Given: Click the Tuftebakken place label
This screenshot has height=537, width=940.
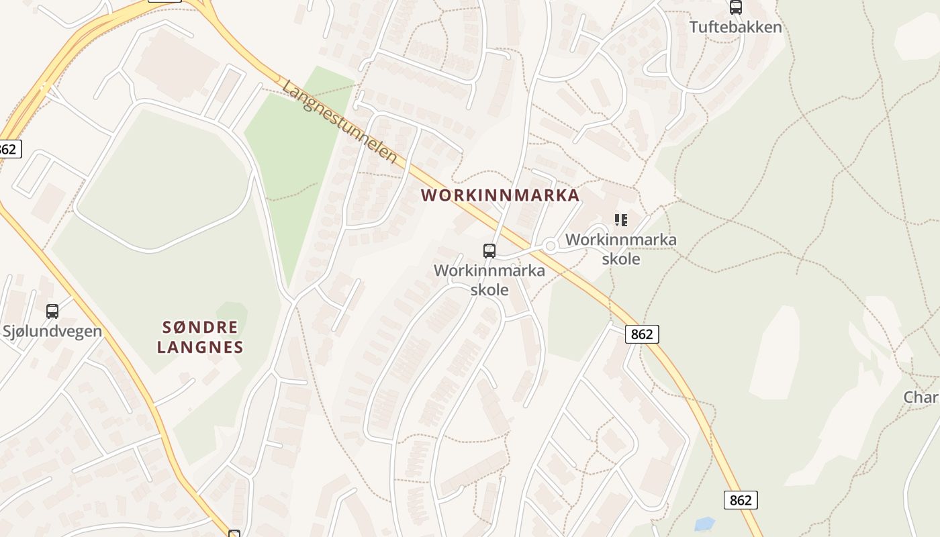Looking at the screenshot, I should pos(736,28).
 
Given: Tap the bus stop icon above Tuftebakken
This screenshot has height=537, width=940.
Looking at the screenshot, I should pos(736,7).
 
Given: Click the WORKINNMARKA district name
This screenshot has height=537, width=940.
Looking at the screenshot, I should pos(500,195).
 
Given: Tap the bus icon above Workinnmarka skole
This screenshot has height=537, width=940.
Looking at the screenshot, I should pos(489,251).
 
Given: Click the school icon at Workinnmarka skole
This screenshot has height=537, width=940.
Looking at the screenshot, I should pos(621,219).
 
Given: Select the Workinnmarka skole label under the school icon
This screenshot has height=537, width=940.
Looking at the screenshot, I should pos(621,249).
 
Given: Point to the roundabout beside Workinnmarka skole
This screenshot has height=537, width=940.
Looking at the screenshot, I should pos(551,246).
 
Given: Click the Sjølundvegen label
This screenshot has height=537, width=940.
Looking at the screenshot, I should pos(52,331).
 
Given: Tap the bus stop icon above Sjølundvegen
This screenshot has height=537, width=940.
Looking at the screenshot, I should pos(52,311).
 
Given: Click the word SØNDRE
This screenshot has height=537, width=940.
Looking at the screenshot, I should pos(200,328).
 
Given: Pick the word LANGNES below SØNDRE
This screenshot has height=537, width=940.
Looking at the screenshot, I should pos(200,348).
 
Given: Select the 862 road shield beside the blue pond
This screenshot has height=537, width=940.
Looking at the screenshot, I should pos(741,500).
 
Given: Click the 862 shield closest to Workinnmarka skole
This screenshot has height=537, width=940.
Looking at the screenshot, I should pos(642,334).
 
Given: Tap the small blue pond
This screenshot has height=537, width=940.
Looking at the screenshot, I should pos(704,524).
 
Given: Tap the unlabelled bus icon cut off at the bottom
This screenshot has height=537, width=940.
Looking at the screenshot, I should pos(234,534).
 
